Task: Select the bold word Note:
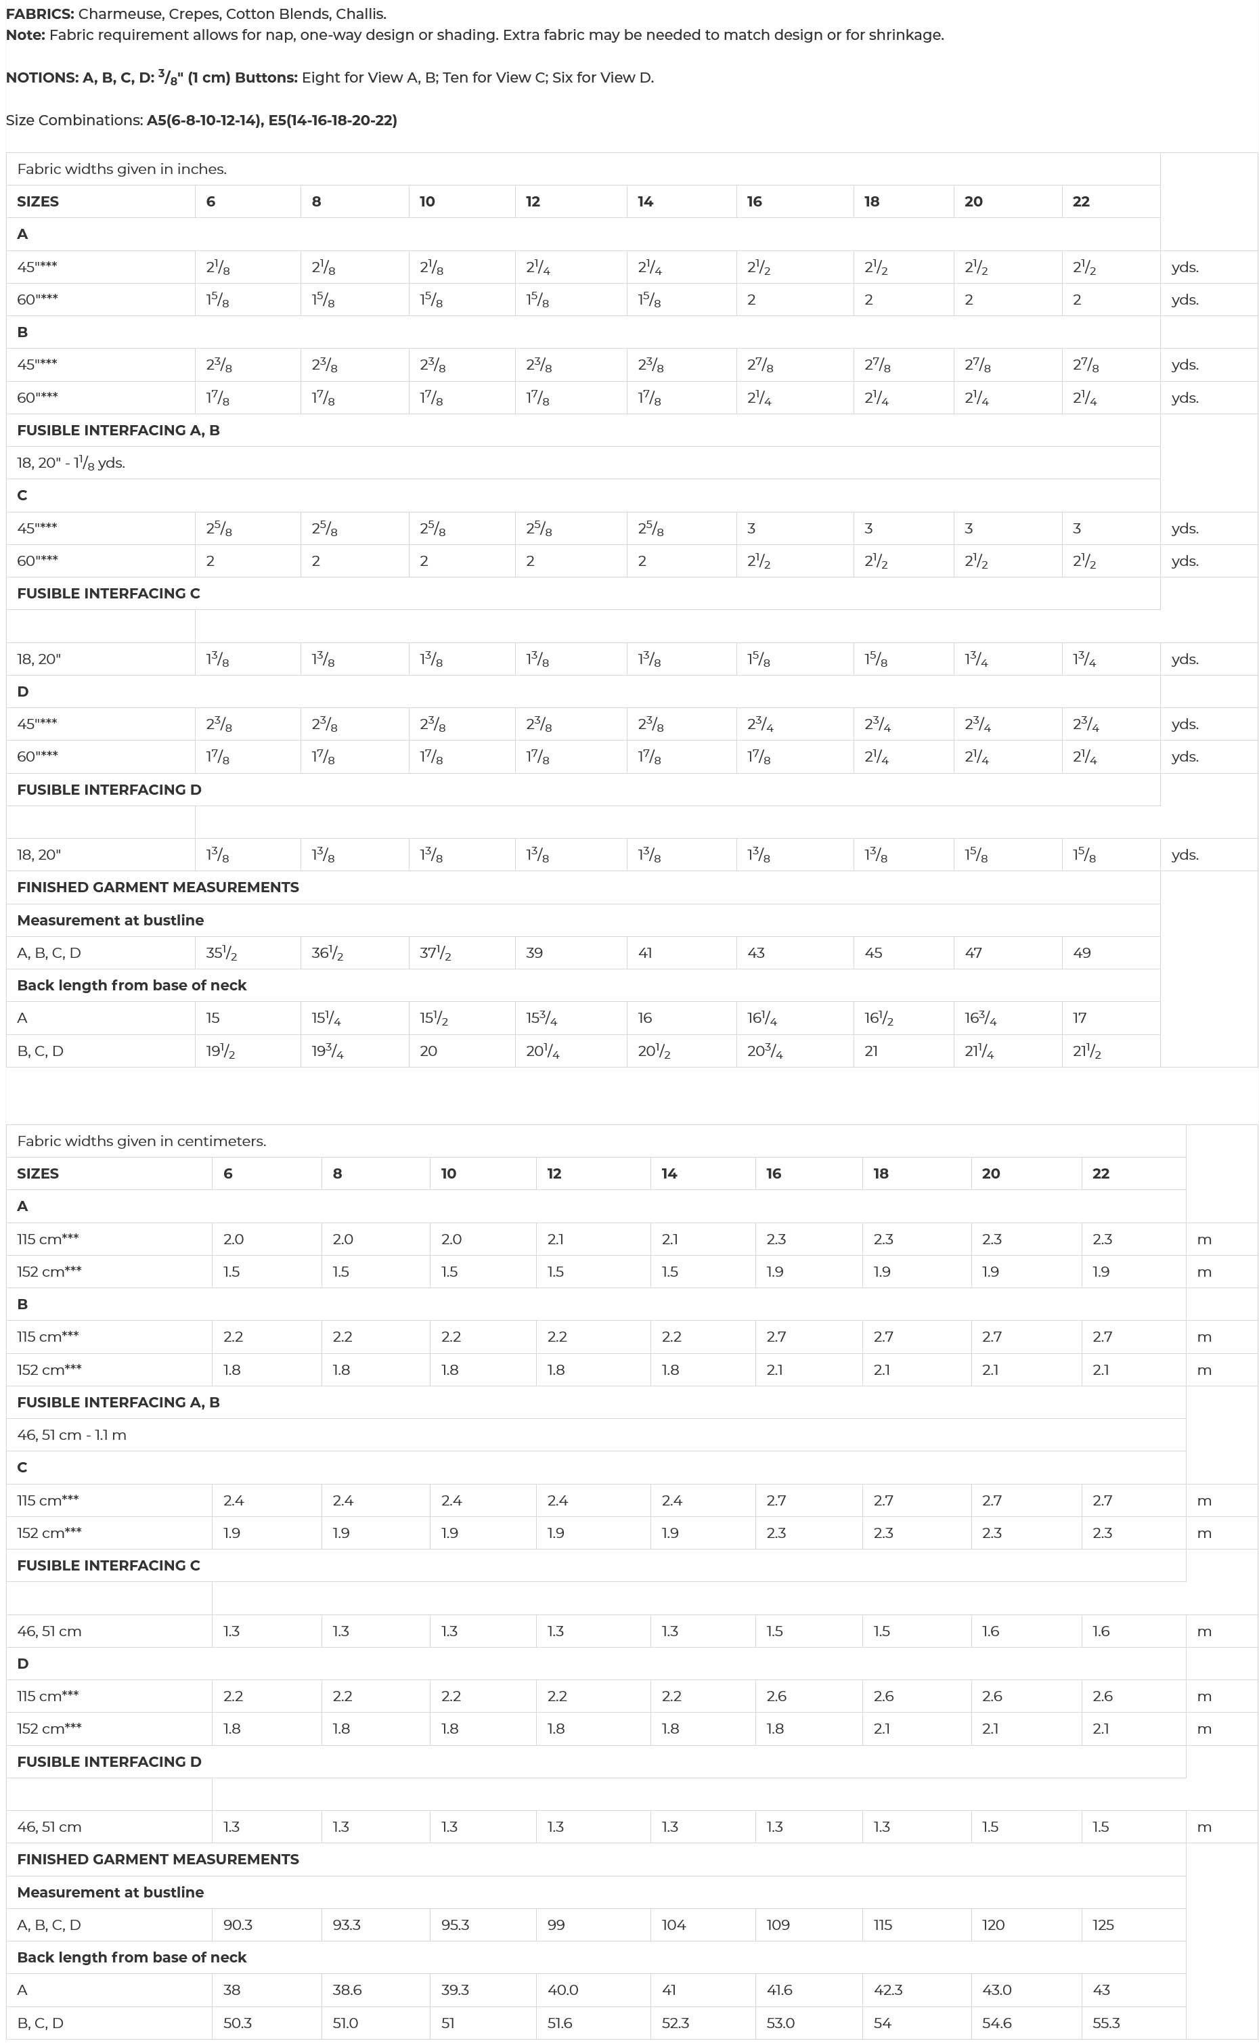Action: click(x=26, y=35)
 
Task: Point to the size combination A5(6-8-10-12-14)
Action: click(x=204, y=120)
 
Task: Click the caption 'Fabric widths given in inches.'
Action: click(x=122, y=169)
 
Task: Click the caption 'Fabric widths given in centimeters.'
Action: click(x=141, y=1141)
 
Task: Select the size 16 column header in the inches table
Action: click(x=755, y=202)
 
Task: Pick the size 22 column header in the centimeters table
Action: click(x=1101, y=1173)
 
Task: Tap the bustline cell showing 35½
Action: click(x=221, y=953)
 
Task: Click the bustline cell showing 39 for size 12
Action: click(x=535, y=952)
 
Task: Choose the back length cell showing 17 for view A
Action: click(x=1080, y=1017)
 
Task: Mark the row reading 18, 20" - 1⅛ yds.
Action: click(x=71, y=463)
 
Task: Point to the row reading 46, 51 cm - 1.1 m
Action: click(x=72, y=1434)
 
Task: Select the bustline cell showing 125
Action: click(x=1103, y=1925)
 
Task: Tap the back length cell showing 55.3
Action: click(x=1107, y=2023)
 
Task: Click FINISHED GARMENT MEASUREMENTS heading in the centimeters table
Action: click(x=158, y=1859)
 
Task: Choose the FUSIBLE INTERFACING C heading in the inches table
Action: click(x=108, y=594)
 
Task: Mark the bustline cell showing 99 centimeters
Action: click(x=556, y=1925)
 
